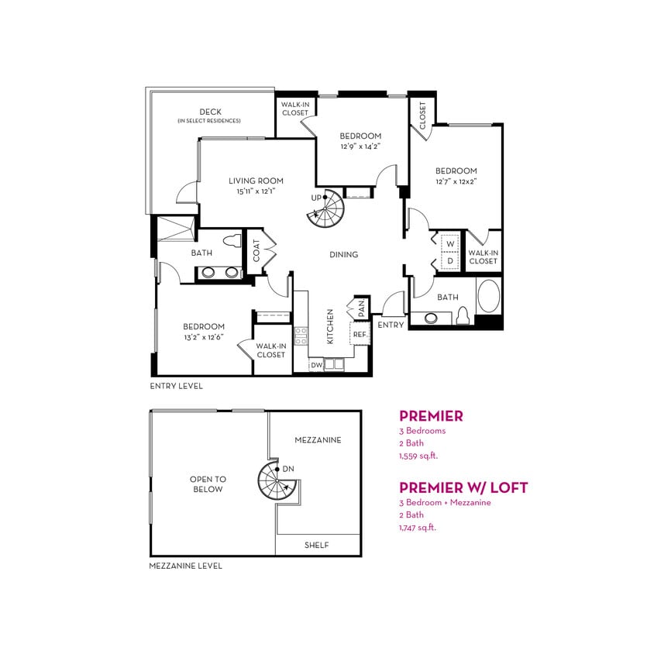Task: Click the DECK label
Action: pos(210,112)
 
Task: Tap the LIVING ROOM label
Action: pos(256,181)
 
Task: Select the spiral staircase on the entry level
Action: pos(325,208)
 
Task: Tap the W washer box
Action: pos(449,243)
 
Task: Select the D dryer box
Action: pos(449,261)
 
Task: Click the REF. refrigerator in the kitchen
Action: pos(360,335)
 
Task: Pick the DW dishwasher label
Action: pos(316,364)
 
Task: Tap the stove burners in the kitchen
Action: pos(301,337)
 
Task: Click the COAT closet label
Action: pos(256,250)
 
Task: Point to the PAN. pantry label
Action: pos(361,308)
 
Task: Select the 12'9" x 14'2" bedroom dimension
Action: pos(360,146)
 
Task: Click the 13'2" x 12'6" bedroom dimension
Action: pos(204,337)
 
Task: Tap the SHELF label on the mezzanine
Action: pos(316,546)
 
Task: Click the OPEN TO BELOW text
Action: pos(208,484)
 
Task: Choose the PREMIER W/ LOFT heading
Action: pos(463,487)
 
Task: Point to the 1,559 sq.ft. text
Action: pos(418,456)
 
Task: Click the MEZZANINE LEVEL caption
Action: pos(185,566)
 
